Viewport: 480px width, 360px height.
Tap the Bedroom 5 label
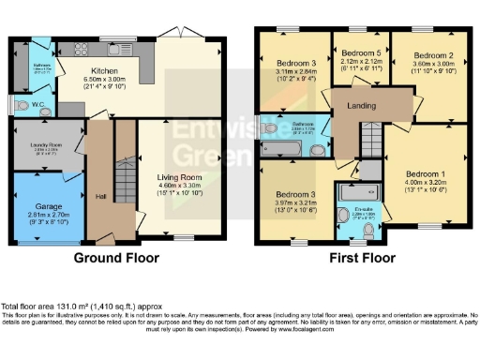point(362,53)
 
